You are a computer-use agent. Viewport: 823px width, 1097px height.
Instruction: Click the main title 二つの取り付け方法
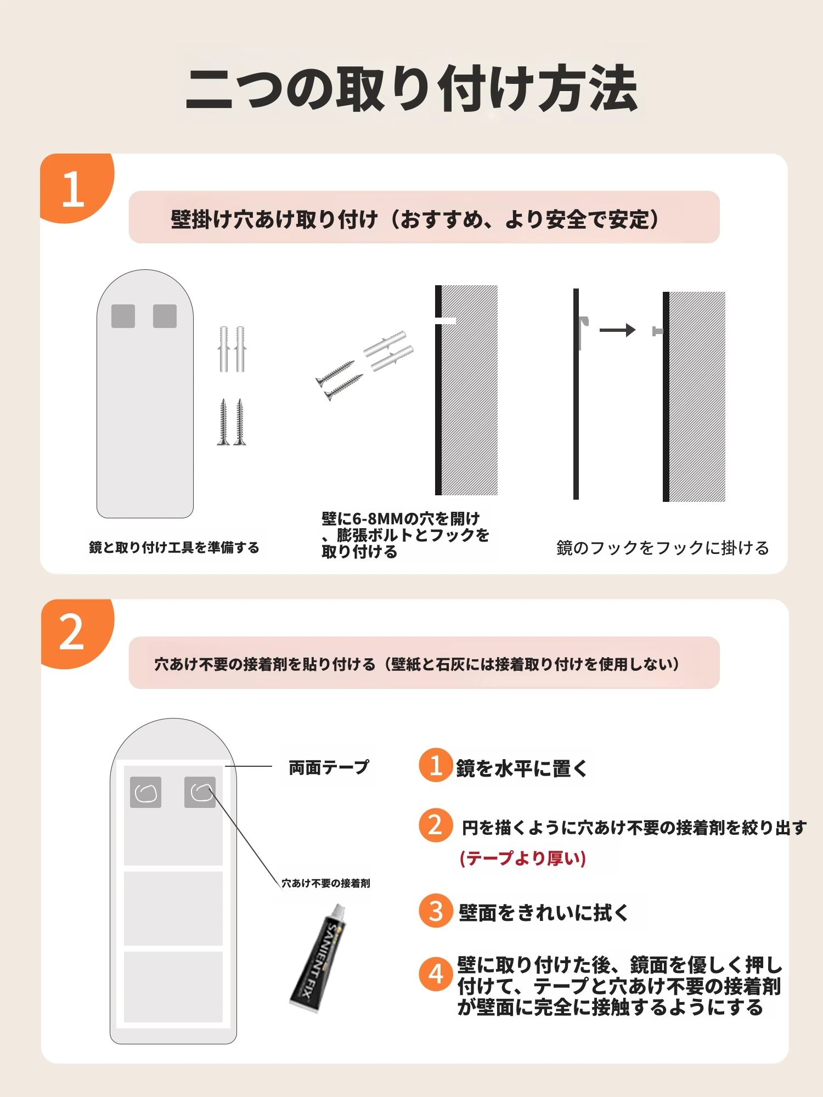point(411,88)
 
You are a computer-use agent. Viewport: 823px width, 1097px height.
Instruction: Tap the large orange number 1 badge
point(76,188)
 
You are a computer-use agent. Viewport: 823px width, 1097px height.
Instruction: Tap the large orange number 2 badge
point(76,633)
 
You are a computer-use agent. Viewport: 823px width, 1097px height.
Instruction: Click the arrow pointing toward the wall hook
point(617,330)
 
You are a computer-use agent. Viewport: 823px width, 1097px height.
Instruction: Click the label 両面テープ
point(329,767)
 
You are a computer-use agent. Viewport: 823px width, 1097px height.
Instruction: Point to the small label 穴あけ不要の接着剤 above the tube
point(326,883)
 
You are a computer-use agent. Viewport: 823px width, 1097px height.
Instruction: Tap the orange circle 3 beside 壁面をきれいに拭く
point(436,911)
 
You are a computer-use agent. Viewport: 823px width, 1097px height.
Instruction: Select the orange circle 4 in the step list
point(436,974)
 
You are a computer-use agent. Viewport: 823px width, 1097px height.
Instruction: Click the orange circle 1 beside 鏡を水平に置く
point(436,765)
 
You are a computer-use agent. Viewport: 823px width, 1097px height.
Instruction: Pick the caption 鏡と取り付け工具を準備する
point(174,547)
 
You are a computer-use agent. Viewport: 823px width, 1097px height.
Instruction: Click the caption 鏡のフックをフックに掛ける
point(663,548)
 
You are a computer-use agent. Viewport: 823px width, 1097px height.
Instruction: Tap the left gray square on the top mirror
point(123,316)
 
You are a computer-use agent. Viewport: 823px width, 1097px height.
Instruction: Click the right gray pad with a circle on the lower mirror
point(200,792)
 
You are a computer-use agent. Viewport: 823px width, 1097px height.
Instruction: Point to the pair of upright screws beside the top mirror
point(232,422)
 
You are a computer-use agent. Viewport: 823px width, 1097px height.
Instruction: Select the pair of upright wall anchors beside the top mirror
point(232,349)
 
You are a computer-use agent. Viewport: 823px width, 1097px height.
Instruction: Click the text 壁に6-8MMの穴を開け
point(401,518)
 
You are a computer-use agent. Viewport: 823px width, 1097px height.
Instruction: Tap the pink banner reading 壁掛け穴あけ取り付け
point(424,217)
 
